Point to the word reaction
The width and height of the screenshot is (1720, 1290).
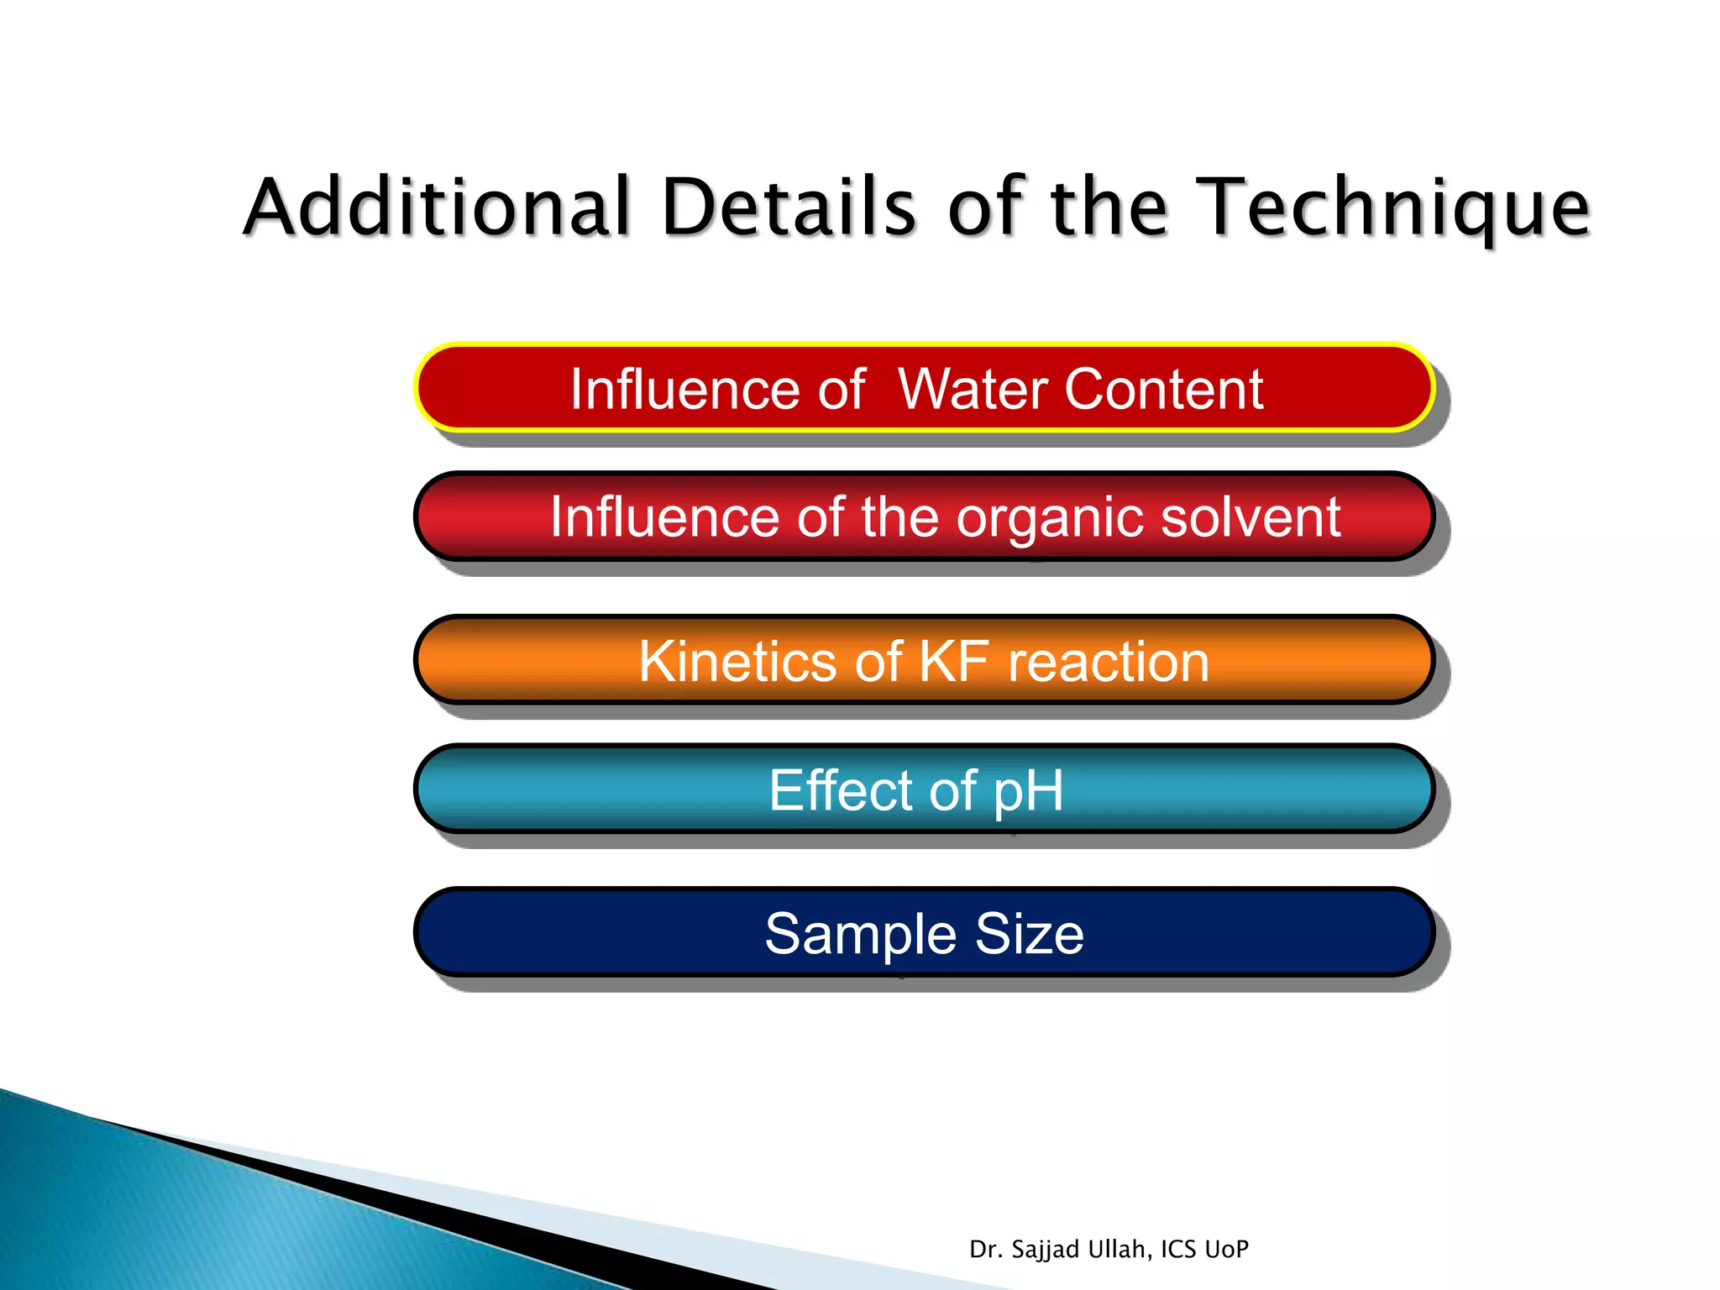(1109, 662)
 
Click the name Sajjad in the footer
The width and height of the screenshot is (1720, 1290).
(1046, 1250)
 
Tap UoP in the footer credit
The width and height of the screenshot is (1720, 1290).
(1226, 1250)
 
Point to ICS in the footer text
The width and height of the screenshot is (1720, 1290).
(1178, 1250)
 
